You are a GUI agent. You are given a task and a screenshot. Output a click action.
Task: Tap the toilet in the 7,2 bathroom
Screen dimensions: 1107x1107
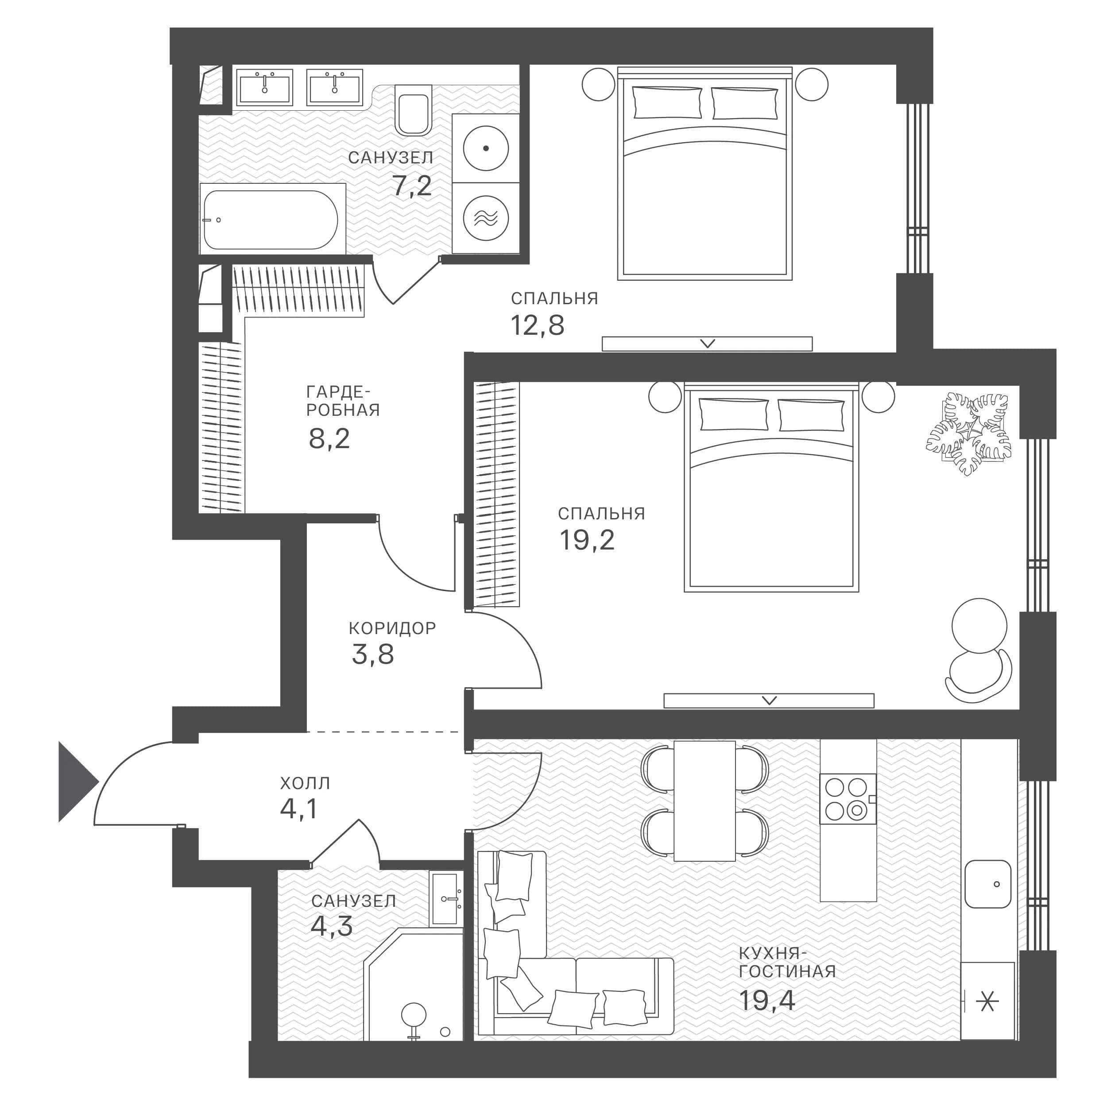pos(413,110)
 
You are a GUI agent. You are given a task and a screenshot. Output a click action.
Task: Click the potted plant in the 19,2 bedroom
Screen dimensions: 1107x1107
pos(968,434)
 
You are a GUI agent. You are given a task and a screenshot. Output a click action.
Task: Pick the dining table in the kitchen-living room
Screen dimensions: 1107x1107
pos(704,801)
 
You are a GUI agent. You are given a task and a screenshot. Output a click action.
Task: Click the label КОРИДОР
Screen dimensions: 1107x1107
pos(392,629)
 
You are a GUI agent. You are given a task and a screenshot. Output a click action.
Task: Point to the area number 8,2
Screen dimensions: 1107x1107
pos(329,439)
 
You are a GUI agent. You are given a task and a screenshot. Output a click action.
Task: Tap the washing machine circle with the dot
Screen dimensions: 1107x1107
pos(486,148)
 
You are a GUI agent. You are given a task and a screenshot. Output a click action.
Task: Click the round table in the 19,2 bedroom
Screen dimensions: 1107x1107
pos(979,626)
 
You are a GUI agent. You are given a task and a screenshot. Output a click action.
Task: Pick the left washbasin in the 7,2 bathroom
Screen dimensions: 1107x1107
pos(265,87)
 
